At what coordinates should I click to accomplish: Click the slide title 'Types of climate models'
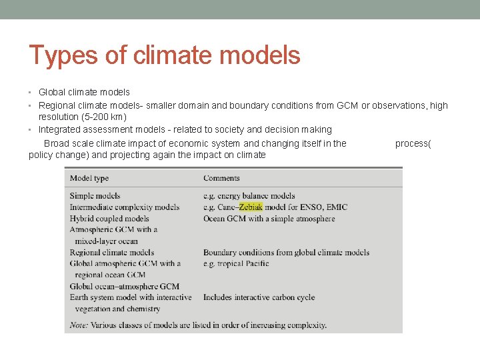click(165, 55)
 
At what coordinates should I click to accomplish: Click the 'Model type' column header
click(89, 178)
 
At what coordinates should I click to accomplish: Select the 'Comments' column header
click(221, 178)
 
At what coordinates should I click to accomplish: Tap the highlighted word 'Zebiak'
click(251, 207)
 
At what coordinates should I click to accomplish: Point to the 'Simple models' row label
click(95, 196)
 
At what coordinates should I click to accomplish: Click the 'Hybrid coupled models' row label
click(109, 219)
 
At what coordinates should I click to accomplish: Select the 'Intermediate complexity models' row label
click(125, 207)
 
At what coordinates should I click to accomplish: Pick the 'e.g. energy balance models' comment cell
click(249, 196)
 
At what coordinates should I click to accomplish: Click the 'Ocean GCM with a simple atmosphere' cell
click(269, 219)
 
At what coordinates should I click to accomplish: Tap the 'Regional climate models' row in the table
click(112, 253)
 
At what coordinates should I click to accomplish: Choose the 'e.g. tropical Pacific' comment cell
click(236, 263)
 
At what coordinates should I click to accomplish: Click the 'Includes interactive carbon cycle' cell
click(259, 297)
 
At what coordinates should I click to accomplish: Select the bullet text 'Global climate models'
click(84, 92)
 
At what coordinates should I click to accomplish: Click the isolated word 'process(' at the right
click(413, 143)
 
